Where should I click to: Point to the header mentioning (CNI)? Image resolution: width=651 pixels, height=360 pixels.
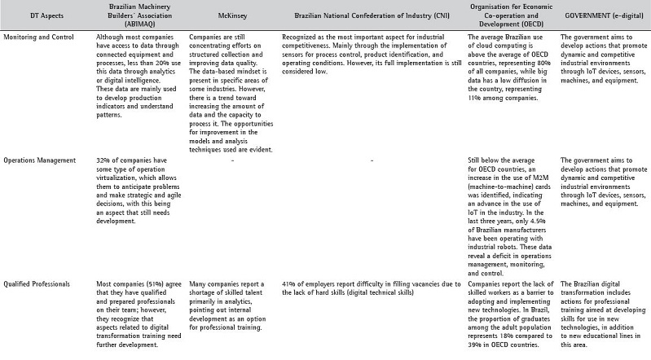click(x=371, y=17)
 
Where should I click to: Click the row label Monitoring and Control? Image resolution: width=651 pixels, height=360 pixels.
click(x=40, y=37)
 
